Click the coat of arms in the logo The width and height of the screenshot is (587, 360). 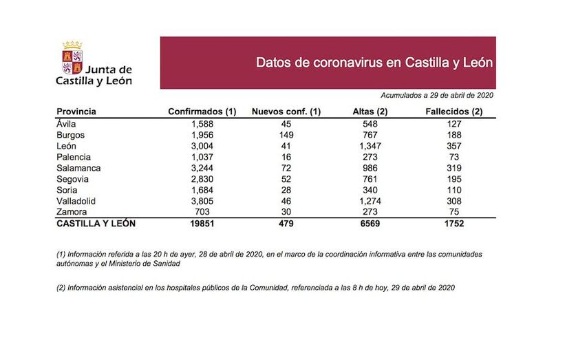(x=72, y=59)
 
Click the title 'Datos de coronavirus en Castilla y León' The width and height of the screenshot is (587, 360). (x=374, y=63)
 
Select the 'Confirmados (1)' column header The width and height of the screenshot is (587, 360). (x=202, y=112)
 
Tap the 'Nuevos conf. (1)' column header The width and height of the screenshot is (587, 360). (x=286, y=112)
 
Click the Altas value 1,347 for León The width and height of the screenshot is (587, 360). (x=370, y=146)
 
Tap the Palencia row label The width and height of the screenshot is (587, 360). (x=74, y=157)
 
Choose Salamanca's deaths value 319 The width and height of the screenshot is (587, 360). (x=453, y=168)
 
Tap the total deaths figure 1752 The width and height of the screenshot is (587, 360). (x=453, y=224)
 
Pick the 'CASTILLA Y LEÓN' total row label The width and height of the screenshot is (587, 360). (x=96, y=224)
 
